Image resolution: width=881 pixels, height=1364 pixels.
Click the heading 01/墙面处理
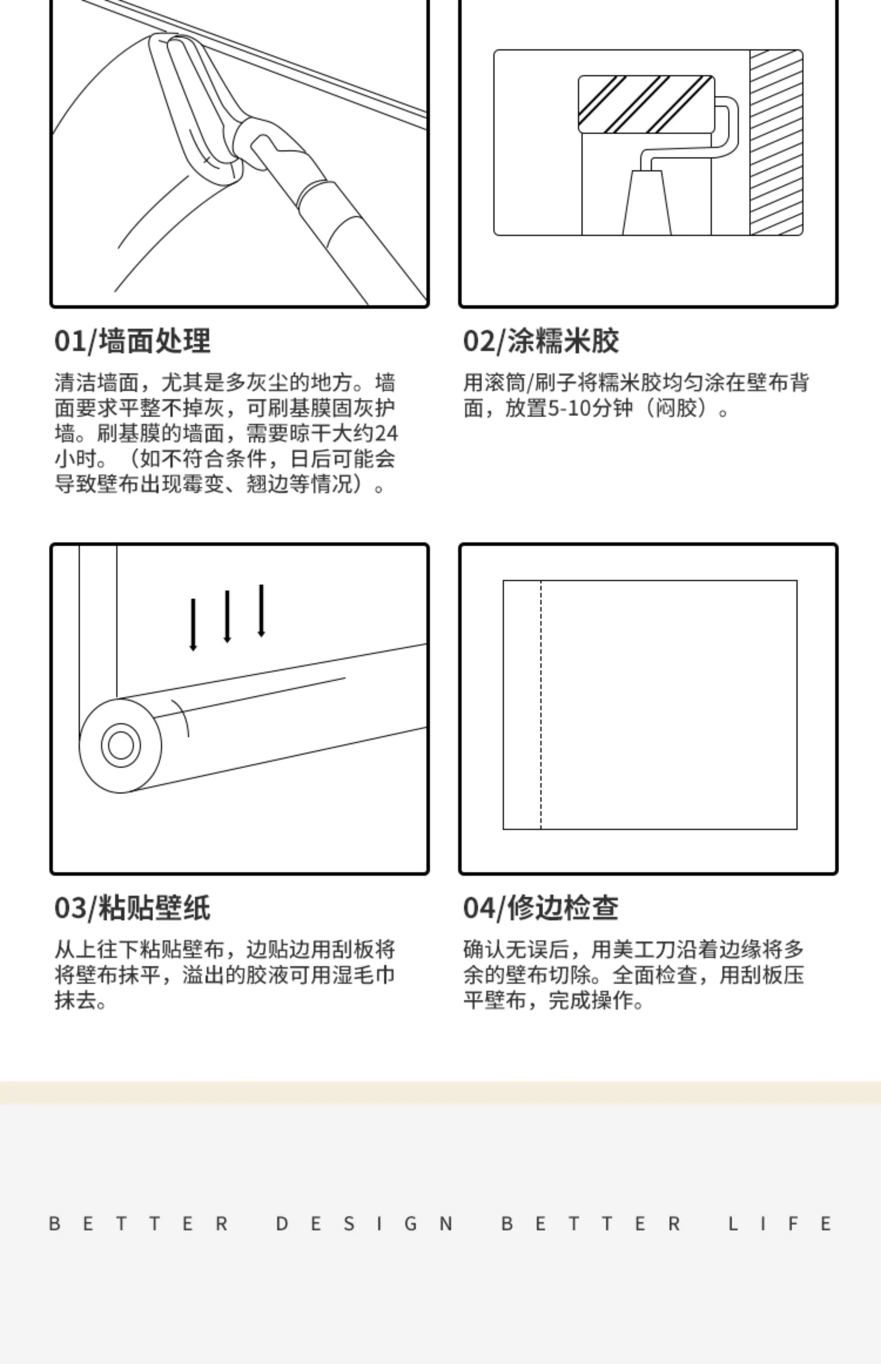tap(132, 341)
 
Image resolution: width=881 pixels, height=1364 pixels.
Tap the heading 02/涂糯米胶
tap(541, 341)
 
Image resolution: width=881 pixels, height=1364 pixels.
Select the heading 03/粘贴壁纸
tap(132, 908)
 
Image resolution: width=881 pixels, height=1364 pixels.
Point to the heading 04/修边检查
tap(541, 908)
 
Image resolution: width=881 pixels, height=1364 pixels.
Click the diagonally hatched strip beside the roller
tap(776, 142)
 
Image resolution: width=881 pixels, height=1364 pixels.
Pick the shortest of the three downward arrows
tap(193, 624)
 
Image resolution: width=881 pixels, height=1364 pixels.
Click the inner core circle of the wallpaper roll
tap(121, 745)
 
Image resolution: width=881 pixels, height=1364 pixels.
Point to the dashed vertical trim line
tap(541, 705)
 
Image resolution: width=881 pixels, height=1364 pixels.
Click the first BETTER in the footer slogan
tap(139, 1224)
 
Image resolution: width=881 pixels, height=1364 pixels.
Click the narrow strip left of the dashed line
tap(522, 705)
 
